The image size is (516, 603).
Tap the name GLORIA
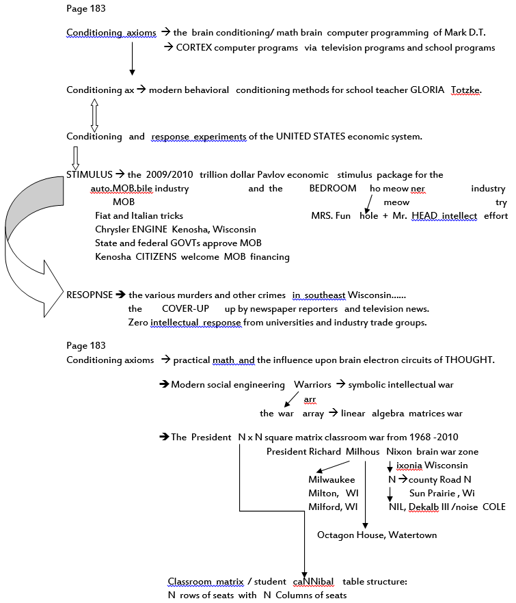(x=426, y=90)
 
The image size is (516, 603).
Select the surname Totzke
(x=466, y=90)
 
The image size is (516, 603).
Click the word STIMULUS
(x=90, y=174)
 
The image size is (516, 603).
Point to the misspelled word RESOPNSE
(x=90, y=295)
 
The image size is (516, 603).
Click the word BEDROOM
(x=333, y=189)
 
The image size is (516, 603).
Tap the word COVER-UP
(x=185, y=309)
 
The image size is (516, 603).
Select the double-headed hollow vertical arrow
(x=94, y=116)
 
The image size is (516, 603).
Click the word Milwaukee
(x=331, y=479)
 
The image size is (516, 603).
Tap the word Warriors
(x=312, y=384)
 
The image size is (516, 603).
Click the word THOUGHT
(x=468, y=360)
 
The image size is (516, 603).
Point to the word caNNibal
(x=314, y=581)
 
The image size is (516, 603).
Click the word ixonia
(x=409, y=466)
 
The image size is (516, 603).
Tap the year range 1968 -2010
(x=434, y=438)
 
